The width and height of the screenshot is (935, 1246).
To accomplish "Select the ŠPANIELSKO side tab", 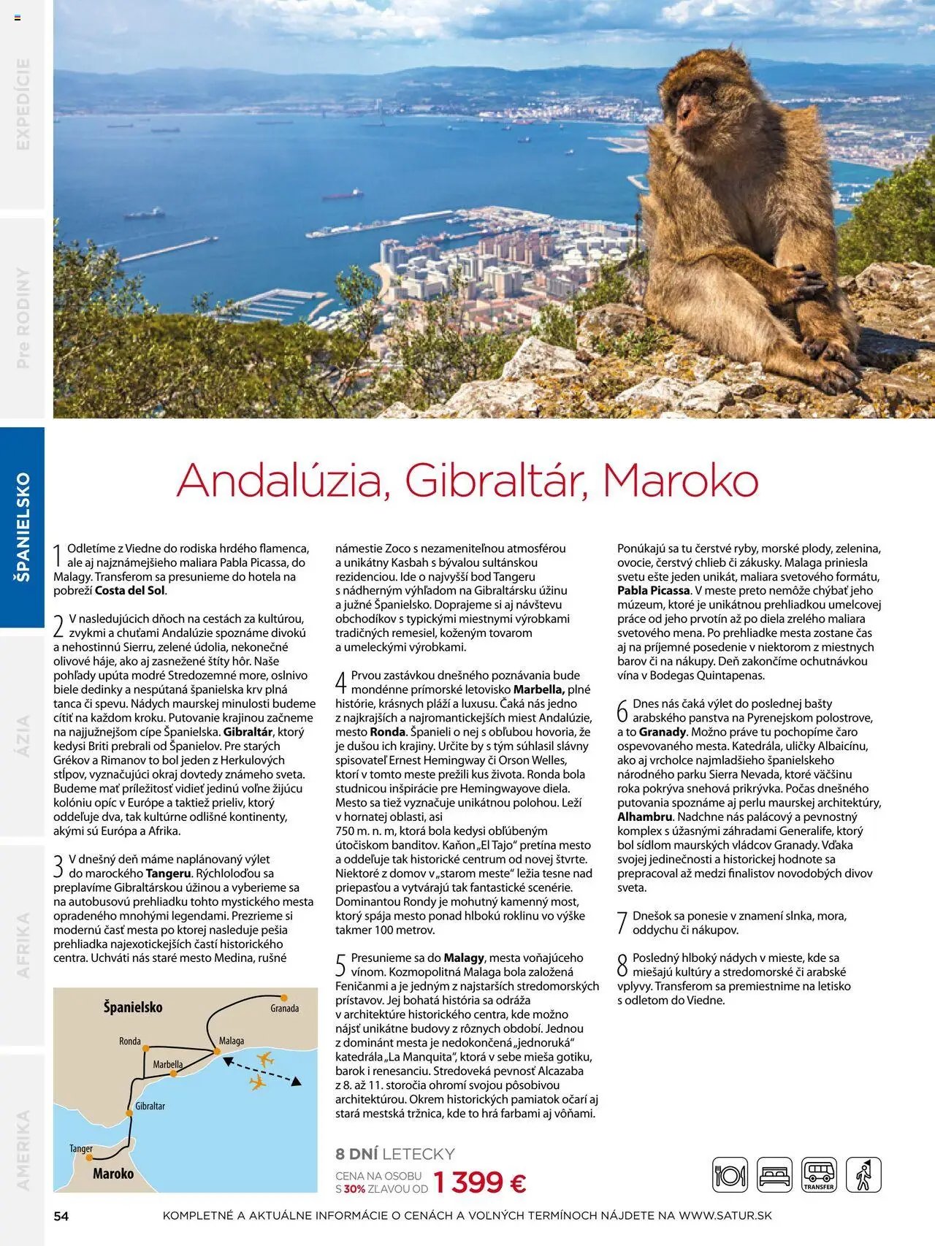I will [x=23, y=527].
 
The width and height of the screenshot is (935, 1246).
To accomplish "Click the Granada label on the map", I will [x=284, y=1009].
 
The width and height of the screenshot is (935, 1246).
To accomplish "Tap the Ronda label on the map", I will [x=130, y=1041].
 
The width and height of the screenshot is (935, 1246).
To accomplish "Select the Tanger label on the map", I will [x=81, y=1149].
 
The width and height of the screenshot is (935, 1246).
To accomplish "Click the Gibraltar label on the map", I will [x=150, y=1107].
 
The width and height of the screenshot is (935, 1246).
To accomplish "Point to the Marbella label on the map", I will [x=167, y=1065].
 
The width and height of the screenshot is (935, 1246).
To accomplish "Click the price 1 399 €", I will [x=479, y=1182].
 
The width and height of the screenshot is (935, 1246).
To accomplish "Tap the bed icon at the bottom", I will [x=774, y=1175].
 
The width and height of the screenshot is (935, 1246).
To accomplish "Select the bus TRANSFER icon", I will [x=819, y=1175].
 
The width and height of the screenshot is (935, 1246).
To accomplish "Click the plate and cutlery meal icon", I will [x=730, y=1175].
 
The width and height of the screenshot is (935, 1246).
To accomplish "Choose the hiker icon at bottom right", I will [x=863, y=1175].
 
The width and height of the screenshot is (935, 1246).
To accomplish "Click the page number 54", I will [x=61, y=1216].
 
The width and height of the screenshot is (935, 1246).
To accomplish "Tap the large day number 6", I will [x=622, y=711].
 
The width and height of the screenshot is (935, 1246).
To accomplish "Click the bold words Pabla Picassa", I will [x=653, y=591].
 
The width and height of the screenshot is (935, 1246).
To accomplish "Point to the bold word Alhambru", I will [x=644, y=817].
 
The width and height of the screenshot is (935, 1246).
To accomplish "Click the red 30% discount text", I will [x=354, y=1189].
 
